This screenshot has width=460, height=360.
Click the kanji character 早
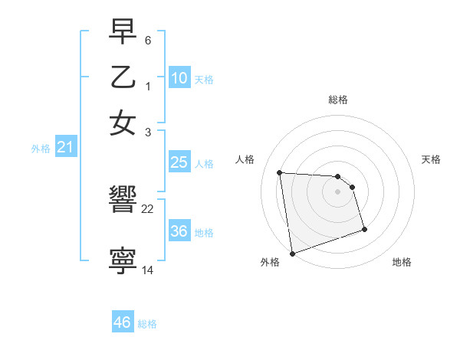[x=123, y=33]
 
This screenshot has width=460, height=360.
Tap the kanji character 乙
[x=123, y=78]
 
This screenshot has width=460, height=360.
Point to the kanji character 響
[x=123, y=201]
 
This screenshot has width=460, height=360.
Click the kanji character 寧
[x=123, y=261]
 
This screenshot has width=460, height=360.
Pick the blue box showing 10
[x=179, y=78]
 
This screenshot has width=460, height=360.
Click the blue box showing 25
[x=179, y=162]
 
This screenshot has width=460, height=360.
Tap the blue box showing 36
[x=179, y=231]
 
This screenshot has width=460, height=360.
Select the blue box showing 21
[x=65, y=148]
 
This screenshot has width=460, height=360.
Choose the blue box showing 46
[x=122, y=322]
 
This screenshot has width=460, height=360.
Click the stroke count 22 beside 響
[x=148, y=209]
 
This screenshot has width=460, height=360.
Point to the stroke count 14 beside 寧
[x=148, y=270]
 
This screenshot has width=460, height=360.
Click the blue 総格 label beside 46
[x=147, y=324]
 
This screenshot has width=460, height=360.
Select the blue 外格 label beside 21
[x=41, y=149]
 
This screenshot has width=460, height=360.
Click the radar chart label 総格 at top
[x=338, y=100]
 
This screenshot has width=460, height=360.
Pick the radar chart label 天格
[x=432, y=159]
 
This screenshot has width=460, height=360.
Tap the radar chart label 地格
[x=402, y=262]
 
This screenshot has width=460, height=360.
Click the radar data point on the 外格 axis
[x=292, y=253]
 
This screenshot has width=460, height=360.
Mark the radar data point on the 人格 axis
[x=279, y=172]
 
